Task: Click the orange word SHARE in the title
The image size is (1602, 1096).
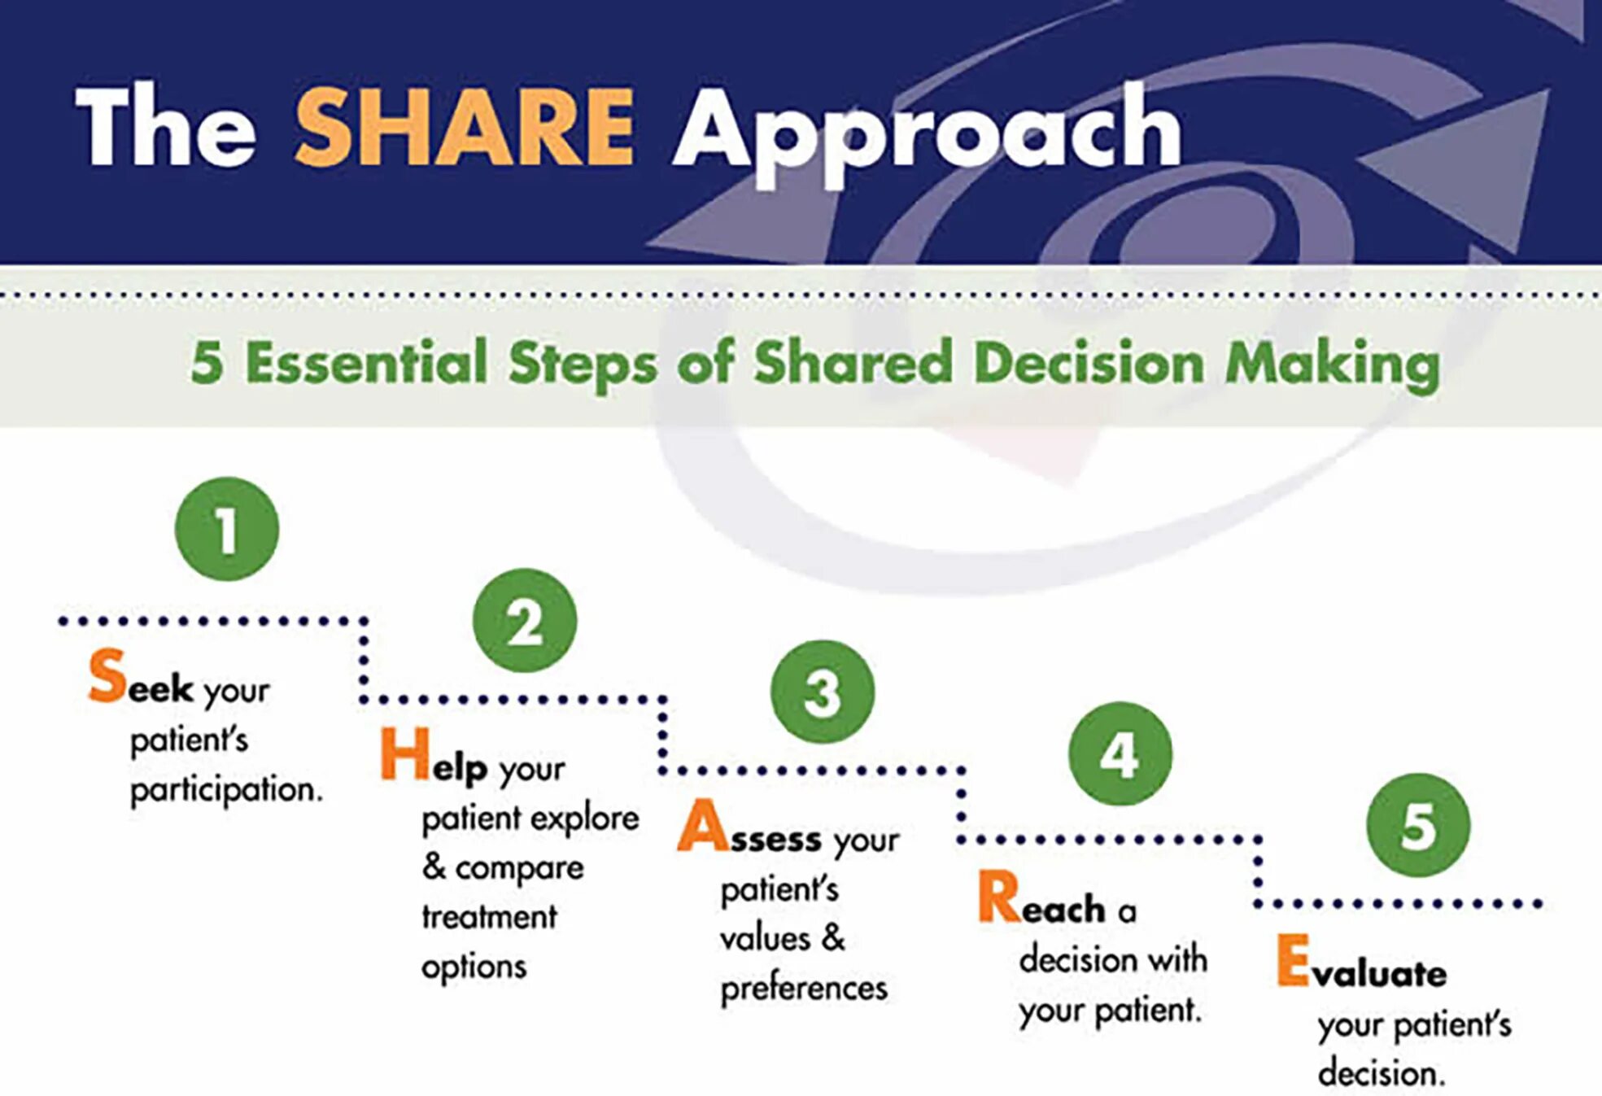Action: (464, 128)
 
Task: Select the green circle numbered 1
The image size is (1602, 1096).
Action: (227, 529)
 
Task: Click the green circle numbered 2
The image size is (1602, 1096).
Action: (525, 621)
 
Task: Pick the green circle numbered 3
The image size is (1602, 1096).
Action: (823, 692)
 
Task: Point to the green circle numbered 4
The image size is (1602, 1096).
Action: (1120, 754)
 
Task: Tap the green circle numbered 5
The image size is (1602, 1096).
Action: (1418, 825)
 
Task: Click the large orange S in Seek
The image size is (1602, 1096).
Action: (107, 676)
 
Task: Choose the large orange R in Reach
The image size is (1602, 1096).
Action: (999, 897)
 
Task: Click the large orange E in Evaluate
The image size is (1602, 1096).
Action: (1293, 961)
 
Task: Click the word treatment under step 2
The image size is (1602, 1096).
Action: (489, 918)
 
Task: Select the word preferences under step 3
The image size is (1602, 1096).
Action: (804, 989)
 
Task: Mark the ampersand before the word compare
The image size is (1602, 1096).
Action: (434, 867)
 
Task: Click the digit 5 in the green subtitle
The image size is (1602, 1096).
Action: (207, 362)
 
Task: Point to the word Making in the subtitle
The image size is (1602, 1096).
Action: (1333, 364)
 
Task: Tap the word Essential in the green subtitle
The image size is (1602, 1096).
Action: (366, 362)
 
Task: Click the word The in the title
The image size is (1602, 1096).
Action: (166, 128)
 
